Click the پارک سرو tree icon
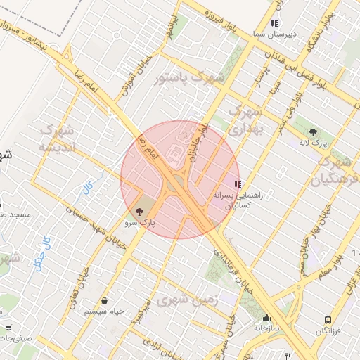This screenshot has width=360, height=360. tap(139, 210)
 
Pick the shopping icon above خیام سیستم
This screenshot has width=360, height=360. tap(104, 300)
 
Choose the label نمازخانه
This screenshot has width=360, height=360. tap(267, 328)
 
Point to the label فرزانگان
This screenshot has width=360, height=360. tap(328, 331)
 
